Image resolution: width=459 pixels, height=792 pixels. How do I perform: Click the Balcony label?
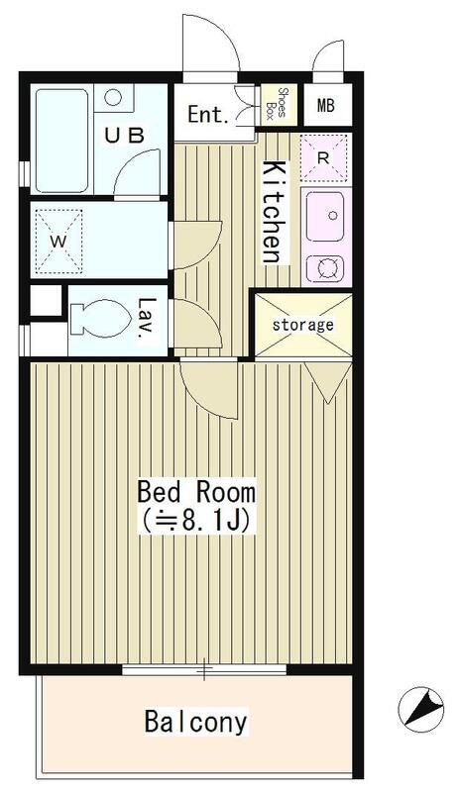195,721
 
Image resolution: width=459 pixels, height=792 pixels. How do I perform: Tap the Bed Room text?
196,492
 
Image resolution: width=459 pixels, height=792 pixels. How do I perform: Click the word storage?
302,324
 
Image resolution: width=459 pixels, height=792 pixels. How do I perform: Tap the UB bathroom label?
131,135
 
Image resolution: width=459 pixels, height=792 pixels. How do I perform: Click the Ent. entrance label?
209,115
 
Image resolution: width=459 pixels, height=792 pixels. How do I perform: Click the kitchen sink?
323,215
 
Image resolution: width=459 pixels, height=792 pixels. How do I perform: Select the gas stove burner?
323,266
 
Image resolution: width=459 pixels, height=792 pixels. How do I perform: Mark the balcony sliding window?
205,672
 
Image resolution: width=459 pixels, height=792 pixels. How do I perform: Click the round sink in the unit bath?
114,97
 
